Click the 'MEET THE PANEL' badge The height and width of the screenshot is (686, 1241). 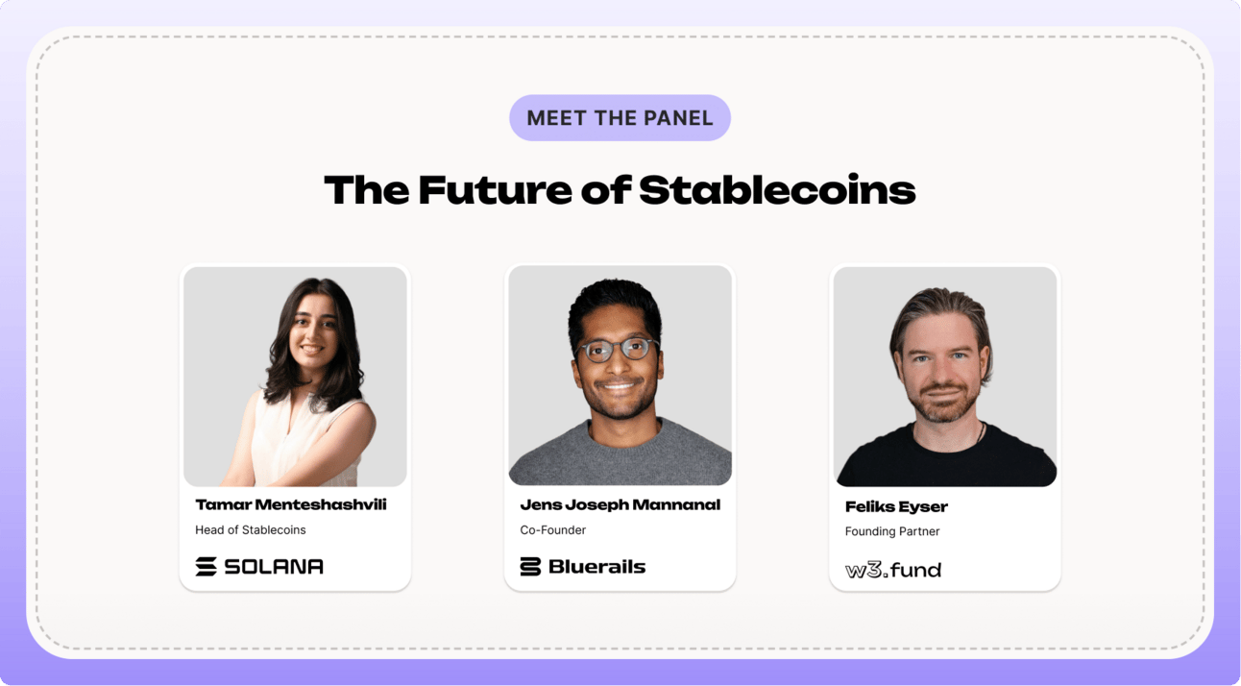620,118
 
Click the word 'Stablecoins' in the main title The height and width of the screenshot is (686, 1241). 777,190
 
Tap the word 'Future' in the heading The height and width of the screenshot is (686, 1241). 495,190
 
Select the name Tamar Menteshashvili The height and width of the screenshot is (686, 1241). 291,504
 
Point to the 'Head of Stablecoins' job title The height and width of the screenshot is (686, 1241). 251,530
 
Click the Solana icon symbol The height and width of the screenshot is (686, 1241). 206,566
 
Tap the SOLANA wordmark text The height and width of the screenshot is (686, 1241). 274,566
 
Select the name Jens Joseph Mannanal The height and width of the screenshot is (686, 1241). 620,504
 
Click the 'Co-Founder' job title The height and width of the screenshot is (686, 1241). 553,530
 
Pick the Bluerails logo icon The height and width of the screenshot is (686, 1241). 530,566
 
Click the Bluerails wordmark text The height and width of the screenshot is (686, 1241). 596,566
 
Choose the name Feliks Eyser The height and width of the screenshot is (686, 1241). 896,506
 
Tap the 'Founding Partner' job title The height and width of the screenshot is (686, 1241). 892,531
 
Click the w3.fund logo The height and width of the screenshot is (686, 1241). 893,570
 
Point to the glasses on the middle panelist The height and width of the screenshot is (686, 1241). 618,350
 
